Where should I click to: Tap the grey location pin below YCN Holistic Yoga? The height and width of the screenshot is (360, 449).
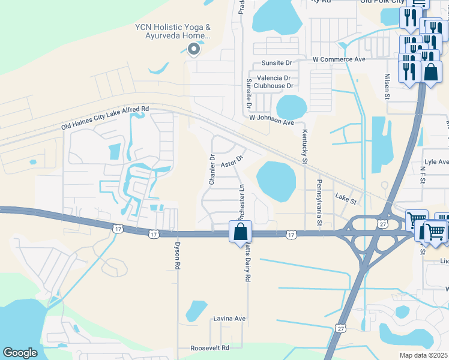pos(193,50)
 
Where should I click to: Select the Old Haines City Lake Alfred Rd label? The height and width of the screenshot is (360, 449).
pos(105,118)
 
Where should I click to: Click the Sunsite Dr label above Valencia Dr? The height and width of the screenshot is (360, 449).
pos(276,63)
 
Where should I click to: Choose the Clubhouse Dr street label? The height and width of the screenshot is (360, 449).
pos(273,86)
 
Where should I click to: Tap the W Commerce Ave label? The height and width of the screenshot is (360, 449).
pos(339,60)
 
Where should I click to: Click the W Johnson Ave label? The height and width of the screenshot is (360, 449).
pos(272,121)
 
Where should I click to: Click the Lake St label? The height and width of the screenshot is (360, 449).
pos(346,197)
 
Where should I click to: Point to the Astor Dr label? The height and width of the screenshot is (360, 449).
pos(231,162)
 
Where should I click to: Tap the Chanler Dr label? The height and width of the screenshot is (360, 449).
pos(212,170)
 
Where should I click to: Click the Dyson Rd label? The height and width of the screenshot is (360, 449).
pos(177,255)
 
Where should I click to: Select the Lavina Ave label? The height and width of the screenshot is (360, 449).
pos(230,319)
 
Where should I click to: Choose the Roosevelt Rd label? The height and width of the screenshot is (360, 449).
pos(209,348)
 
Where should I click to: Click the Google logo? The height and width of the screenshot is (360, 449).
pos(20,353)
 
